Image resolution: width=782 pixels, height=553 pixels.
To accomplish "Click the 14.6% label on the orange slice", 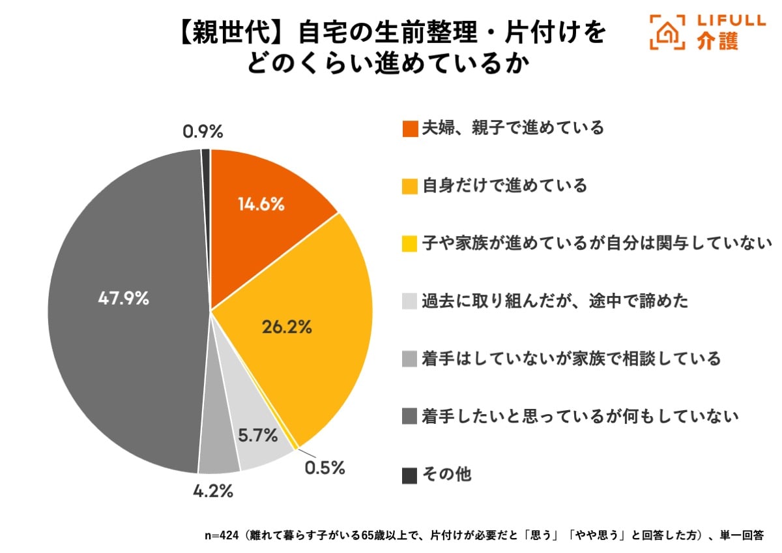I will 261,204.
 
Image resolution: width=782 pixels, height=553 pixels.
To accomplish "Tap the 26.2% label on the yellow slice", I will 287,327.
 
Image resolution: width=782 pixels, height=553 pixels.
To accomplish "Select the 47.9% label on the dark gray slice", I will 124,299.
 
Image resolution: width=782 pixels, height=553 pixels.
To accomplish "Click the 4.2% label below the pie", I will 213,490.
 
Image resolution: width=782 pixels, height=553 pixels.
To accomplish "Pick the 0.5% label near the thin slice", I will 324,468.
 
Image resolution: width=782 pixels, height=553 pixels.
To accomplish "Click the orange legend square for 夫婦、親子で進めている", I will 409,128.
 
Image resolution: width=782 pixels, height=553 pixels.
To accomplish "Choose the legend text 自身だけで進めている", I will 504,186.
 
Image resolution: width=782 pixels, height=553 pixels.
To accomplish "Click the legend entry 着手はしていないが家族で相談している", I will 571,358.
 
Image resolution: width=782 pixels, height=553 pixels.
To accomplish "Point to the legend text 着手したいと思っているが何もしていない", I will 580,415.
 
